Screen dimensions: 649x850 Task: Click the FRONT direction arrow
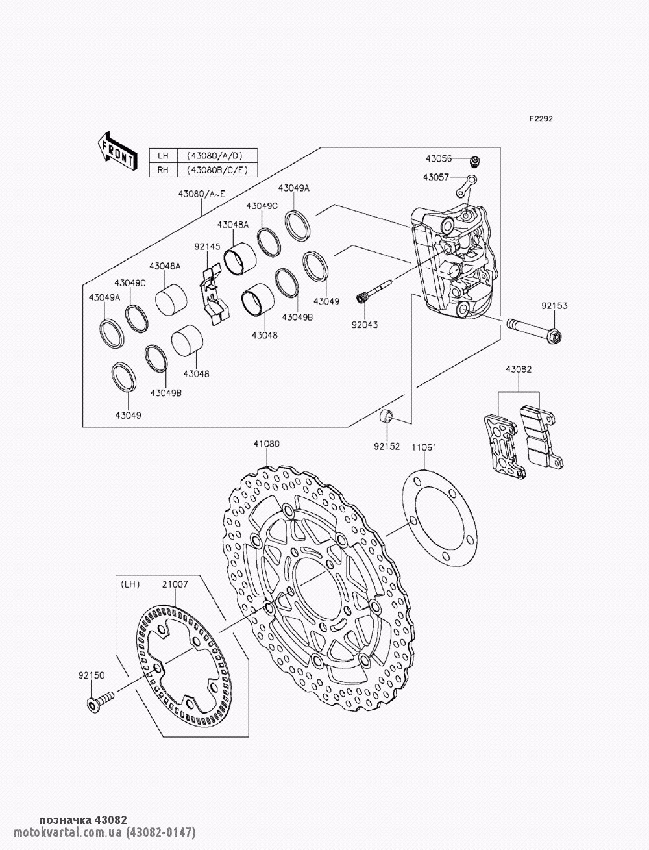(117, 151)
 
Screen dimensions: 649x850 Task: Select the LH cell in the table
(163, 156)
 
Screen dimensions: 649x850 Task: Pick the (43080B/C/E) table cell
(217, 169)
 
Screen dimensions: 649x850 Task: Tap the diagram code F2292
(541, 119)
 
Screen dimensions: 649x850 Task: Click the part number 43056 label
(439, 159)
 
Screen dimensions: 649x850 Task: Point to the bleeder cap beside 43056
(474, 161)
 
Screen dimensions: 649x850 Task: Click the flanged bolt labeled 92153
(535, 329)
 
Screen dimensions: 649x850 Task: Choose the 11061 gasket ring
(439, 518)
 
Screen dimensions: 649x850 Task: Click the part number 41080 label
(266, 444)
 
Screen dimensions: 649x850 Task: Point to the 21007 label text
(175, 584)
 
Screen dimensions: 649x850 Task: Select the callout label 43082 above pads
(518, 369)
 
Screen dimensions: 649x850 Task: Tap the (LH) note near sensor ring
(130, 584)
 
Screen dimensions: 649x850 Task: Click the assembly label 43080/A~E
(201, 194)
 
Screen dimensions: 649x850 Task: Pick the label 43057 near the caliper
(436, 177)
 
